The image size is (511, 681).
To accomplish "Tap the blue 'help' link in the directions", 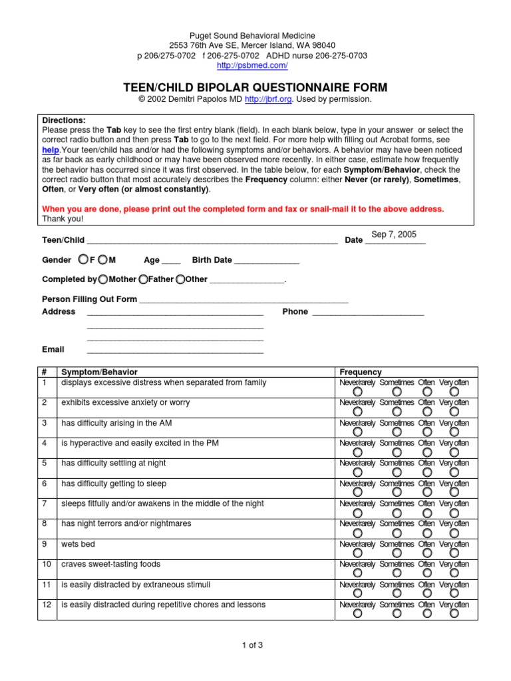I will pyautogui.click(x=51, y=150).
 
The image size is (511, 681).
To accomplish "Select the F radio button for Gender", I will pyautogui.click(x=83, y=259).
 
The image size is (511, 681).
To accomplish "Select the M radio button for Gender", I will pyautogui.click(x=102, y=259).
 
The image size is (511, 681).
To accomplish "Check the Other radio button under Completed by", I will pyautogui.click(x=180, y=279).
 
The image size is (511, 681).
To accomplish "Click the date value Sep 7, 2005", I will pyautogui.click(x=394, y=235).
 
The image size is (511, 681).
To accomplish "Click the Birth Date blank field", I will pyautogui.click(x=266, y=261).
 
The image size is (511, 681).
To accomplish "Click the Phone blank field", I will pyautogui.click(x=367, y=312).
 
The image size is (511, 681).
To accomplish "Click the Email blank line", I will pyautogui.click(x=175, y=350).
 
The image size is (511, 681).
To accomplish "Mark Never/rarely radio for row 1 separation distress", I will pyautogui.click(x=358, y=392).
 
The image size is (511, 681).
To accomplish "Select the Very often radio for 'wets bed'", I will pyautogui.click(x=454, y=554).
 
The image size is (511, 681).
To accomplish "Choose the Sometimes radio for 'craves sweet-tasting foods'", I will pyautogui.click(x=397, y=573).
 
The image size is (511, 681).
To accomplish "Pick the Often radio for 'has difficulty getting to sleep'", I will pyautogui.click(x=426, y=493).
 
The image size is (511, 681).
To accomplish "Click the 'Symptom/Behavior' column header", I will pyautogui.click(x=99, y=372).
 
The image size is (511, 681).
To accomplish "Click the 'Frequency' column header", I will pyautogui.click(x=361, y=372).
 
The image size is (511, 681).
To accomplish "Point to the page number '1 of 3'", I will pyautogui.click(x=255, y=644).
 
